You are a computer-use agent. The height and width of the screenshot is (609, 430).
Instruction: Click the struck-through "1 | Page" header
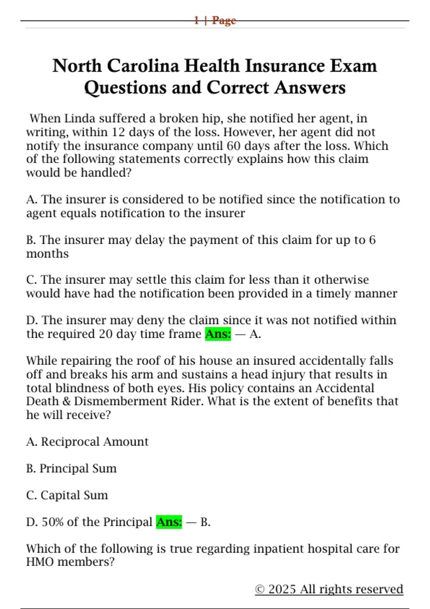(x=215, y=20)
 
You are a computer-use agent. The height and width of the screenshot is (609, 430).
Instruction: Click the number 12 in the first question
(x=118, y=132)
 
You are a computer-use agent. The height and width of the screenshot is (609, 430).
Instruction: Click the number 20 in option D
(x=106, y=334)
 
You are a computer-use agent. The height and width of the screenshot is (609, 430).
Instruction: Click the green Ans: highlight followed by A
(x=218, y=334)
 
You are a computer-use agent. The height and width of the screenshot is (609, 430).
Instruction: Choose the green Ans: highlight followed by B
(x=169, y=522)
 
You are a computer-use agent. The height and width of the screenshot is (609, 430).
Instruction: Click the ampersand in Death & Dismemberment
(x=66, y=401)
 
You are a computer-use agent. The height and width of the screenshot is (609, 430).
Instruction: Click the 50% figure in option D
(x=53, y=522)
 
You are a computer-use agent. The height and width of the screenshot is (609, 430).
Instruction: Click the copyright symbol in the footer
(x=260, y=589)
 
